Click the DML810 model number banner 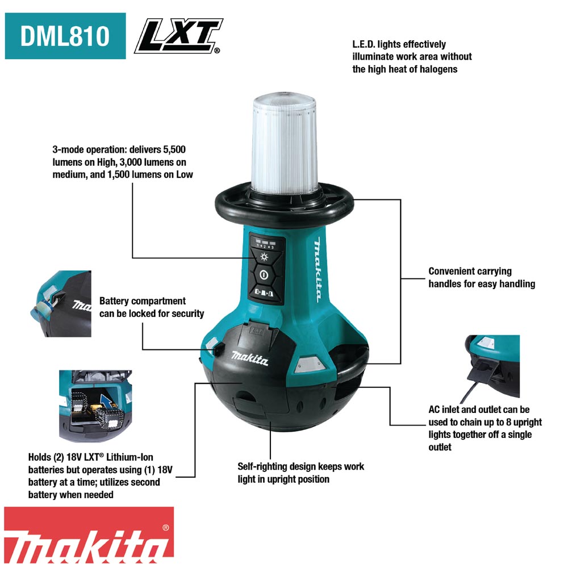click(65, 36)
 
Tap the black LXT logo click(178, 36)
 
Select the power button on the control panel click(264, 275)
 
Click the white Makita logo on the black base click(250, 358)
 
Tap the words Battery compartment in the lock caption click(143, 301)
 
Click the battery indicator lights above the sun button click(265, 242)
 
